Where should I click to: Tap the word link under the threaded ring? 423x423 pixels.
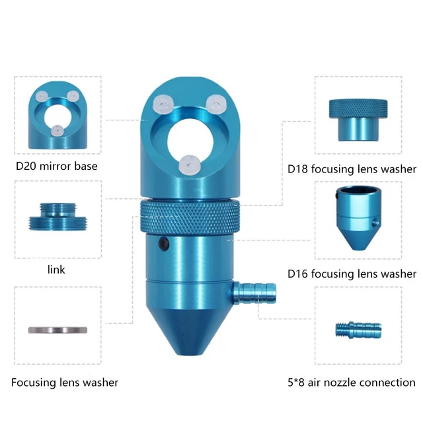coord(56,270)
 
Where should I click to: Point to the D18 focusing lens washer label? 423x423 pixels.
coord(352,169)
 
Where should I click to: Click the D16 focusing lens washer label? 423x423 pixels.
coord(352,274)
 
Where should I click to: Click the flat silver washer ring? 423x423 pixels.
coord(57,329)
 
